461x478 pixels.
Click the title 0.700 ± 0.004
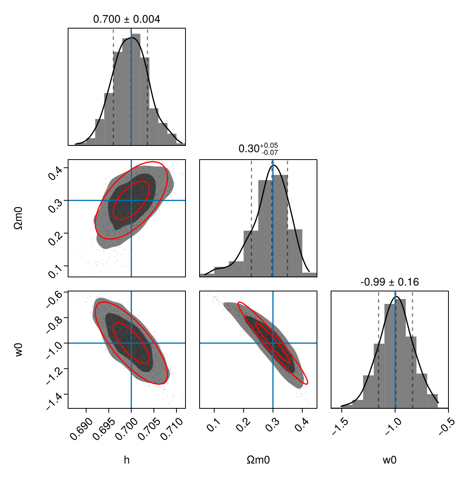pos(126,19)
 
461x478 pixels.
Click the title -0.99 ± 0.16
pos(389,282)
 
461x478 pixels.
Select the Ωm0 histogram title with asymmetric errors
pos(258,149)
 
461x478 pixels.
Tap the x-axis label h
pos(126,460)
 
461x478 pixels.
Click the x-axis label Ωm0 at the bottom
pos(258,460)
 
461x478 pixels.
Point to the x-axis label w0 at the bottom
pos(389,460)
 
